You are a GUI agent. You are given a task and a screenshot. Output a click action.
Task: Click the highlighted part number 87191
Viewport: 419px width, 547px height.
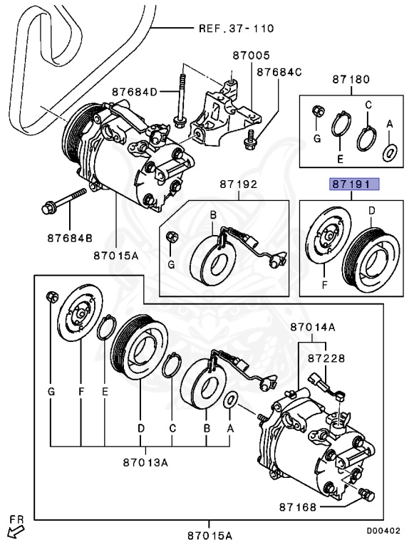tap(354, 184)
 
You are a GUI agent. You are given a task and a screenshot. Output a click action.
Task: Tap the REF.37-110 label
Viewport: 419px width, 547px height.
tap(237, 28)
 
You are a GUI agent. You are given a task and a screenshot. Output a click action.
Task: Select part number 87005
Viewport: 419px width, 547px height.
tap(252, 56)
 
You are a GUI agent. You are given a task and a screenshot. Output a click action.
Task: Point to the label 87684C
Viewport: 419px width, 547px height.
tap(279, 72)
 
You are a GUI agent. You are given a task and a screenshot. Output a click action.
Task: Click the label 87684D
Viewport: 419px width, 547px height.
tap(135, 92)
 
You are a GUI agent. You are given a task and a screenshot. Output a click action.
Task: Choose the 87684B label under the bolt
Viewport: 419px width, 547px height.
tap(70, 238)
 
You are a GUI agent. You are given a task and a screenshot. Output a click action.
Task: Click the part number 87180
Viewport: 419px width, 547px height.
tap(351, 79)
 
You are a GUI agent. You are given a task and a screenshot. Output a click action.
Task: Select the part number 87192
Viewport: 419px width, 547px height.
tap(239, 184)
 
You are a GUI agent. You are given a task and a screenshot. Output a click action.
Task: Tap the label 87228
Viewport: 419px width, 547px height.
tap(326, 358)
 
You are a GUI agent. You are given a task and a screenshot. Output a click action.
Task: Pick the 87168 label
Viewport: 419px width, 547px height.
tap(297, 507)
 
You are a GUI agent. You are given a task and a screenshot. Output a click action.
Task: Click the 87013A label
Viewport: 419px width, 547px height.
tap(145, 462)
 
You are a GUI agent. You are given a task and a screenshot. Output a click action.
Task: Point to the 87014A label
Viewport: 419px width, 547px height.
tap(313, 327)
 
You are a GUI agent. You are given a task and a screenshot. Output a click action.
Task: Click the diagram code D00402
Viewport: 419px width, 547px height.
tap(383, 531)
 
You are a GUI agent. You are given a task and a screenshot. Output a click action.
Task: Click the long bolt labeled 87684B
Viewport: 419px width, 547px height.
tap(64, 202)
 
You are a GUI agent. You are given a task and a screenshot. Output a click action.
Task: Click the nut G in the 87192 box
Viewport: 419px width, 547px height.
tap(172, 237)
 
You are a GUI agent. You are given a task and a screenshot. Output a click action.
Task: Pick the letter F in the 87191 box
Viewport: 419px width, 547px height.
tap(325, 286)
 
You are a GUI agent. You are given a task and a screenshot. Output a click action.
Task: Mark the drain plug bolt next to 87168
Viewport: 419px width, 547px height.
tap(366, 494)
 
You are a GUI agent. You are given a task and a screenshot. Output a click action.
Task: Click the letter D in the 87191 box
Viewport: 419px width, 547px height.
tap(372, 211)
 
